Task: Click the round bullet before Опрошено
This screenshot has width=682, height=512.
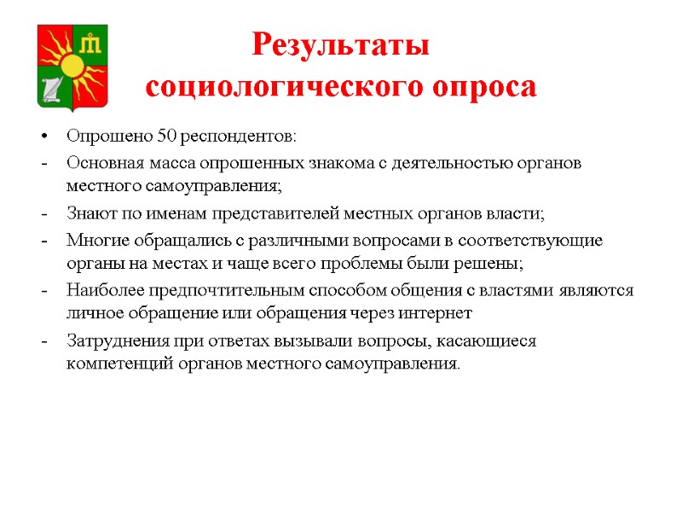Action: [42, 137]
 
